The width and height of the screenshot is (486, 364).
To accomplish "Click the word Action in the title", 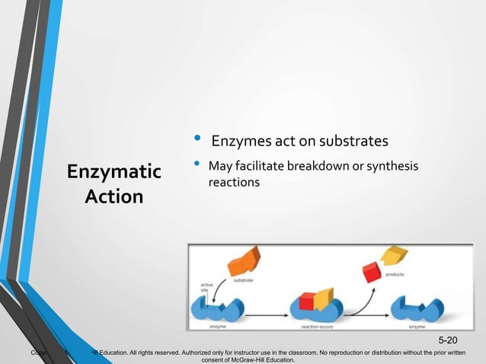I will tap(114, 196).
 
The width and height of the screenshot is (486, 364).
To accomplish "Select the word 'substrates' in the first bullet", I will tap(353, 141).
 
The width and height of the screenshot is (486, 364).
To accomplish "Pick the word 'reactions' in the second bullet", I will tap(235, 183).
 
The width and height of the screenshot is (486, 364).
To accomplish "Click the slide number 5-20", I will tap(449, 339).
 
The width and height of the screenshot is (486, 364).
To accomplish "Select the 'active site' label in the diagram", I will tap(197, 287).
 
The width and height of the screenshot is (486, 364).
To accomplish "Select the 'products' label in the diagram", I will tap(395, 274).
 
